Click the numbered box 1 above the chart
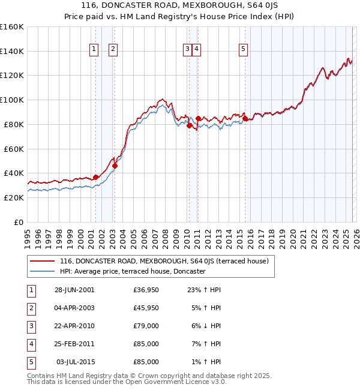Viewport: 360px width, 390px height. (x=95, y=50)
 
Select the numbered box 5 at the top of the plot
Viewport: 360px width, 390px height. (x=243, y=50)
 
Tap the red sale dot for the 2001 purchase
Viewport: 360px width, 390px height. (x=95, y=177)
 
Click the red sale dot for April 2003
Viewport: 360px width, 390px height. (x=115, y=166)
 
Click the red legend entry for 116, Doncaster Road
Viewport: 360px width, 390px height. (x=167, y=261)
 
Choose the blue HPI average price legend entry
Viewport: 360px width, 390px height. (x=133, y=271)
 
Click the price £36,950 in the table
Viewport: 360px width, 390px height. (x=146, y=290)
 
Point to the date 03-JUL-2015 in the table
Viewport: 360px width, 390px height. (x=76, y=362)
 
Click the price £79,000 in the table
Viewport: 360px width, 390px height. (x=146, y=326)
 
